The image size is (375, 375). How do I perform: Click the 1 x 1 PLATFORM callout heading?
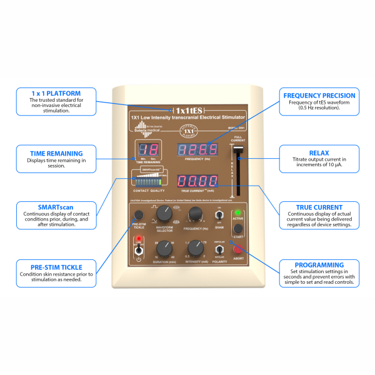click(x=56, y=93)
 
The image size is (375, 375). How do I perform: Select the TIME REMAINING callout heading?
click(x=56, y=154)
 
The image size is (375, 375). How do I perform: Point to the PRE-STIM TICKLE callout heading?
click(x=56, y=267)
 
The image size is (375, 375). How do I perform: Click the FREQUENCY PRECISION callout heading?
click(x=319, y=96)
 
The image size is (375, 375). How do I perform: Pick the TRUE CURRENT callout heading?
click(x=319, y=207)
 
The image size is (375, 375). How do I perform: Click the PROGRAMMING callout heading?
click(x=319, y=265)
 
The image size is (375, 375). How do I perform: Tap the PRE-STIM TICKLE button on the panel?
click(x=137, y=216)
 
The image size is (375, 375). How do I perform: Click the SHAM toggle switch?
click(x=219, y=216)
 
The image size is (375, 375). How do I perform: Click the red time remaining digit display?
click(x=147, y=151)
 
